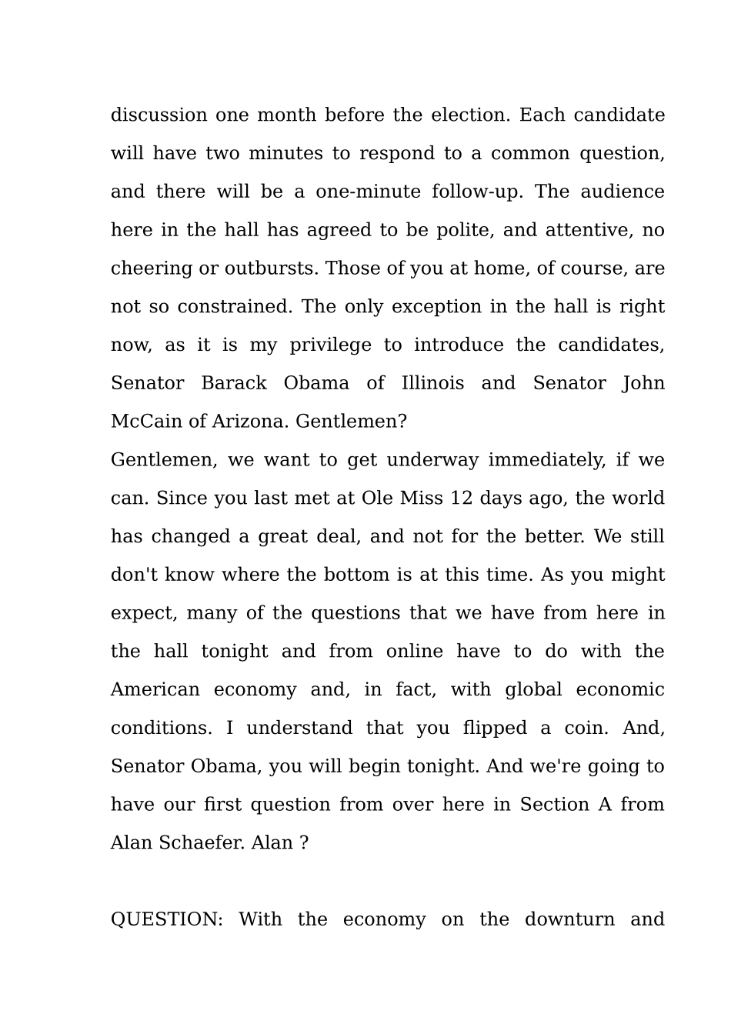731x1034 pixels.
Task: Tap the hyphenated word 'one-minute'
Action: click(368, 192)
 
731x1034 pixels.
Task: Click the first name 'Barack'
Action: click(234, 383)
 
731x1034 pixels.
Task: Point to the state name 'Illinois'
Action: click(432, 383)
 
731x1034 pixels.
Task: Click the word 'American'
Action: click(155, 689)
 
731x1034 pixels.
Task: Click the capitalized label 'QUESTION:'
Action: click(166, 919)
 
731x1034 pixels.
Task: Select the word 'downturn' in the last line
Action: click(569, 919)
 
